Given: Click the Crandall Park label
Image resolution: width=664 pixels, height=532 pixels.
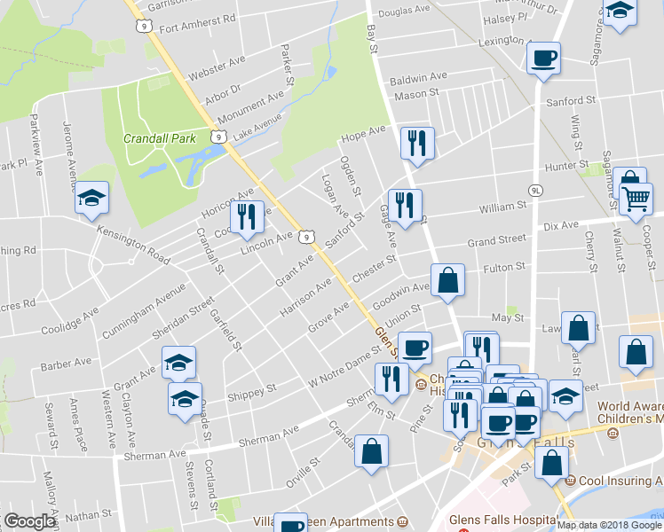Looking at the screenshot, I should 160,139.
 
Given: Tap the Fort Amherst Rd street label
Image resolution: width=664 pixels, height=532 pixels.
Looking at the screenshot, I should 197,19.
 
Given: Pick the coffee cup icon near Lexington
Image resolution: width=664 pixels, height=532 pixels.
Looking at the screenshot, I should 544,59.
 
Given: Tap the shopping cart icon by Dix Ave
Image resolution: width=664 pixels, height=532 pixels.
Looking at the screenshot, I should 636,205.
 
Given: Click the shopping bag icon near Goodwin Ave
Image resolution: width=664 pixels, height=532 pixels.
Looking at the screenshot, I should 448,280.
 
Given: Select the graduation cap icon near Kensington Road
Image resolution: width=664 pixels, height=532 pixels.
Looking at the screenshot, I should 91,199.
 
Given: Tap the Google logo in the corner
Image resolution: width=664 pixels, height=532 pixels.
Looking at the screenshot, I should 29,521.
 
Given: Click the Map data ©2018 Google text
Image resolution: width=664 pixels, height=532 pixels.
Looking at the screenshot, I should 609,525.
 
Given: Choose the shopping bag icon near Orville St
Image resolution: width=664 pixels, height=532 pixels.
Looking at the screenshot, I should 371,450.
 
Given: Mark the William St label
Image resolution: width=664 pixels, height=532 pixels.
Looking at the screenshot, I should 503,207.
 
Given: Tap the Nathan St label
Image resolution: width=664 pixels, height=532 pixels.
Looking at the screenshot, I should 86,515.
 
